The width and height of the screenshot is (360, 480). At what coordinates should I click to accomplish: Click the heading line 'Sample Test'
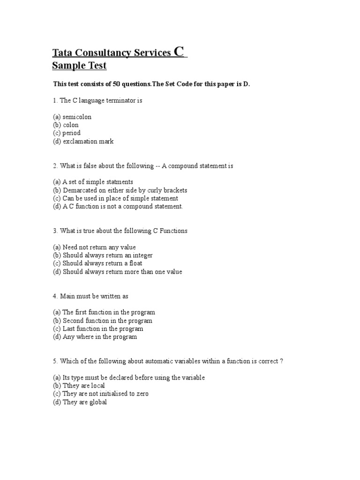(x=79, y=66)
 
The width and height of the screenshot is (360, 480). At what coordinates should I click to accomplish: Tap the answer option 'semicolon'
(x=77, y=117)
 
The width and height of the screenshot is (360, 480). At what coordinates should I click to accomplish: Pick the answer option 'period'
(x=72, y=133)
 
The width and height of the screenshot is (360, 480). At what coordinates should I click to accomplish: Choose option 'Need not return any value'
(x=99, y=247)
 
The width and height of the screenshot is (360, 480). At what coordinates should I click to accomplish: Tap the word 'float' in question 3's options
(x=134, y=263)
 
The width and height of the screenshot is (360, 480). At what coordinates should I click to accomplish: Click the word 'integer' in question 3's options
(x=142, y=255)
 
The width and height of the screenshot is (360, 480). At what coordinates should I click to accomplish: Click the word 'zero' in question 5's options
(x=142, y=394)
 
